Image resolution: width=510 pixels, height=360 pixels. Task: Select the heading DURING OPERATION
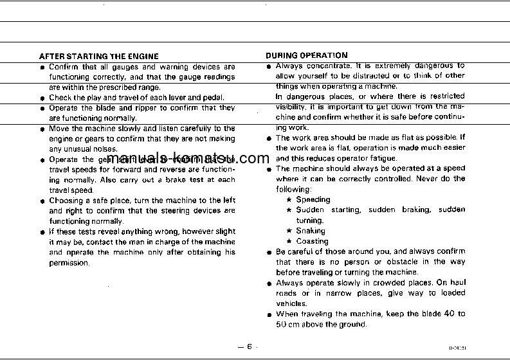coord(307,55)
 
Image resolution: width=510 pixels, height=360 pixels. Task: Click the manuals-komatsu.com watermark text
coord(180,160)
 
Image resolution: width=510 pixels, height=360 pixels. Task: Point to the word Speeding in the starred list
coord(313,200)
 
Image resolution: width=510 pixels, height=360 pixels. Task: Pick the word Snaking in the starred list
coord(311,231)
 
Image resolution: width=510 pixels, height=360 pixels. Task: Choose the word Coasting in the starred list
coord(312,242)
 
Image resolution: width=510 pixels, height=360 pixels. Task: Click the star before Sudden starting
coord(289,210)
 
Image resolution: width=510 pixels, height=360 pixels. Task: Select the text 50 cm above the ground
coord(321,325)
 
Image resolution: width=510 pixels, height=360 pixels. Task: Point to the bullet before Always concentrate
coord(269,66)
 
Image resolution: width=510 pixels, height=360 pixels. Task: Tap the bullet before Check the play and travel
coord(42,98)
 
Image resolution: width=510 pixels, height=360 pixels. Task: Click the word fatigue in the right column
coord(383,158)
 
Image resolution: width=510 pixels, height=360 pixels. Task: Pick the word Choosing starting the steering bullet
coord(66,201)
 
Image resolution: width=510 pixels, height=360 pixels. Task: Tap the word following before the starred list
coord(293,190)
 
